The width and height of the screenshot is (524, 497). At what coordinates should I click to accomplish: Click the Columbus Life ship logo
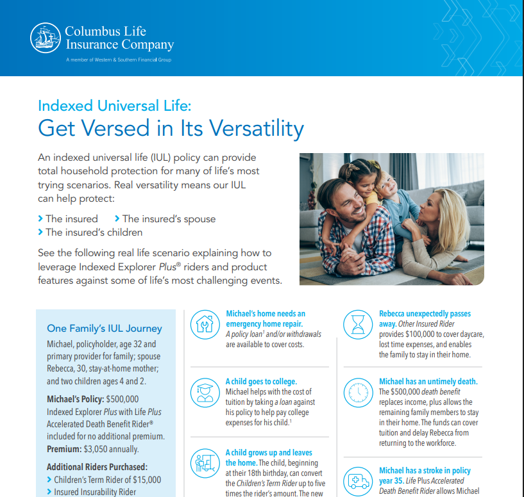click(x=46, y=38)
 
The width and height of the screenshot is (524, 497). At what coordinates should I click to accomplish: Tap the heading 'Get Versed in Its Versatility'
click(x=171, y=128)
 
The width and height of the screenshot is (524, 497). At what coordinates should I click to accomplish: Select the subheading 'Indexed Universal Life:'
click(x=114, y=105)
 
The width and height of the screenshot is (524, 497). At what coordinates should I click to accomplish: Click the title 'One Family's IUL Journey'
click(x=105, y=329)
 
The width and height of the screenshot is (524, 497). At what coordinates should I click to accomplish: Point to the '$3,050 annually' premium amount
click(x=116, y=449)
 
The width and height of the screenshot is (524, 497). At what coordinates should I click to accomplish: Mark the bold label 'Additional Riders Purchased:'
click(x=97, y=467)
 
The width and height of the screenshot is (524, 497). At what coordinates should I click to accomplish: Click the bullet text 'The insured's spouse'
click(x=169, y=219)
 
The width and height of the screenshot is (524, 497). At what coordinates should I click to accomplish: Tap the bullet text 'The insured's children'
click(x=94, y=232)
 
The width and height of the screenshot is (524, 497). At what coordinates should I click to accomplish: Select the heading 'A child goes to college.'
click(x=261, y=381)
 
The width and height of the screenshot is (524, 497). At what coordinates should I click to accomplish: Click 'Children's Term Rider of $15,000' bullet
click(x=108, y=480)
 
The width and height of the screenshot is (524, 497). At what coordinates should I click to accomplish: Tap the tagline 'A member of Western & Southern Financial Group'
click(x=119, y=60)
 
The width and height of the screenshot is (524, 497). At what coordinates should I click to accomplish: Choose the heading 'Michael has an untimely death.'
click(x=428, y=381)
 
